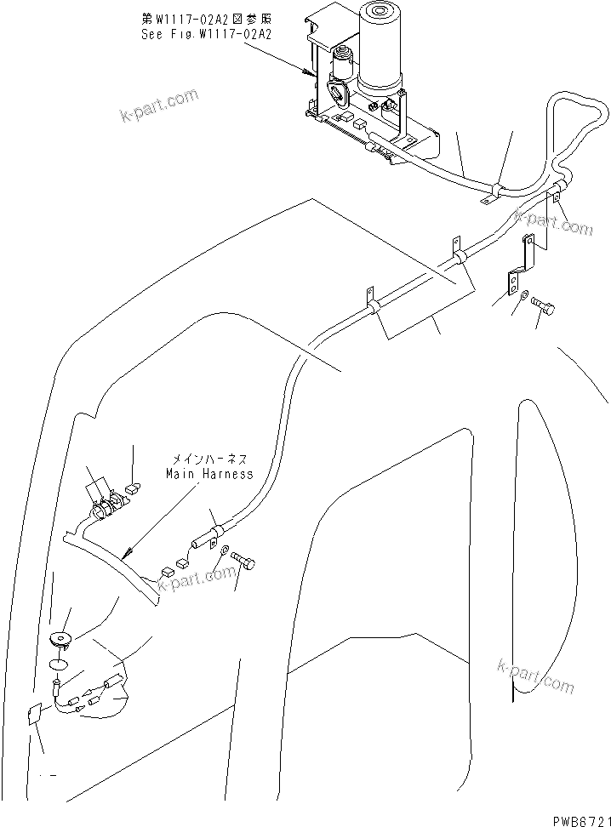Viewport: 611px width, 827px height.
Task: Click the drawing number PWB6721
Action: (x=574, y=818)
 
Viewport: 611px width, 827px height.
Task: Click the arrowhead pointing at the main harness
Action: (x=127, y=553)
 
